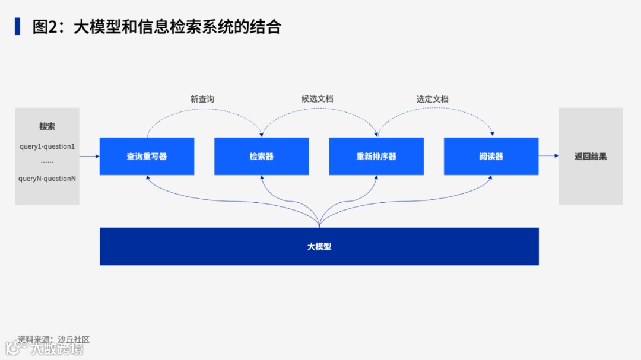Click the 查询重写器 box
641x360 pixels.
(x=147, y=157)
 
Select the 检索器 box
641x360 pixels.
(x=261, y=157)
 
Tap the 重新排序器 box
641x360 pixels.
(x=376, y=157)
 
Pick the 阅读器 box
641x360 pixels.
(x=491, y=157)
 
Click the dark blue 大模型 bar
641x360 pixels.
(x=319, y=246)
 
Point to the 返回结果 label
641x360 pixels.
(x=591, y=157)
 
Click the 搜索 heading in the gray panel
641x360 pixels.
(x=47, y=126)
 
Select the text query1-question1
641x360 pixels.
(x=47, y=146)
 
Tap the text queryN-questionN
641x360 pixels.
(x=47, y=178)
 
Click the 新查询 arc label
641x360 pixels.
(x=202, y=99)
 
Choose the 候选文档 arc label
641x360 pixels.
(x=317, y=99)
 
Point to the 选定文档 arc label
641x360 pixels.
(x=432, y=99)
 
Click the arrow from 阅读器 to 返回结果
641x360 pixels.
(x=548, y=156)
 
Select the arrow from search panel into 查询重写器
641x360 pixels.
(x=89, y=157)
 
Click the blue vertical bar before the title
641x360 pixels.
(x=18, y=26)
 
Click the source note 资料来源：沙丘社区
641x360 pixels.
(x=53, y=339)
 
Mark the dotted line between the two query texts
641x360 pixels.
(x=47, y=162)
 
